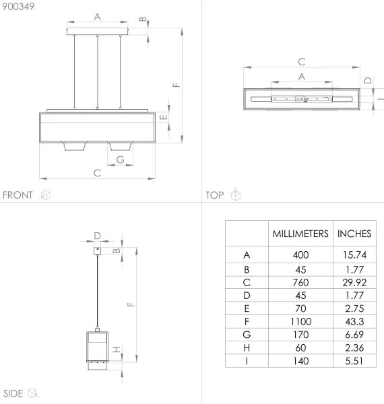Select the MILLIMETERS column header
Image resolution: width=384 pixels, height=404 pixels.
(x=300, y=234)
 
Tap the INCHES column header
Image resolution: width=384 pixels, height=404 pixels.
(x=354, y=234)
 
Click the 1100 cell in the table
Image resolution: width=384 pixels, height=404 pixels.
(x=300, y=322)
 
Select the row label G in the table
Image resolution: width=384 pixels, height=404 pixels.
(x=247, y=335)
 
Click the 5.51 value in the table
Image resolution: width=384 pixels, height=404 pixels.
(x=354, y=360)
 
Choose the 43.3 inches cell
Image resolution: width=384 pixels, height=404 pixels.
(x=354, y=322)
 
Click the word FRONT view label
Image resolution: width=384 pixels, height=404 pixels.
(x=18, y=195)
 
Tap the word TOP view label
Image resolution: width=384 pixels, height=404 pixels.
(x=214, y=195)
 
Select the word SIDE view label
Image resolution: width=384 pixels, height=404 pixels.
(x=14, y=393)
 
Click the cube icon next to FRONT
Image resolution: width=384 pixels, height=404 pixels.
(x=46, y=195)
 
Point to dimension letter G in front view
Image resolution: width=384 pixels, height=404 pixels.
(x=120, y=160)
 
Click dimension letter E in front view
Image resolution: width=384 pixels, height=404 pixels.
(x=164, y=116)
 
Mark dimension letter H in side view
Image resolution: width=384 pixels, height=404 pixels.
(x=116, y=350)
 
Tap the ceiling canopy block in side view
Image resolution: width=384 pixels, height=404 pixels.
(x=98, y=249)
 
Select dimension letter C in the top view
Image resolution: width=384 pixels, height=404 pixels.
(x=302, y=62)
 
